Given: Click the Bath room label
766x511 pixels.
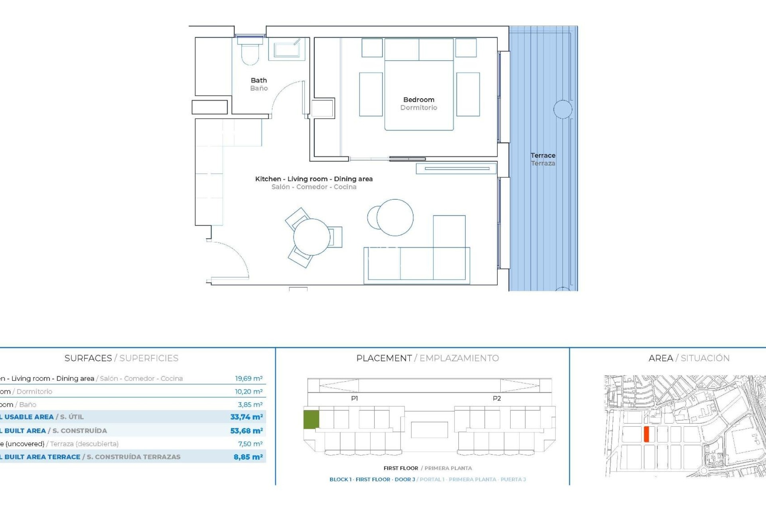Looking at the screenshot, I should (259, 81).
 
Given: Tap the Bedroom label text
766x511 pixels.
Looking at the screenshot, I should (419, 100).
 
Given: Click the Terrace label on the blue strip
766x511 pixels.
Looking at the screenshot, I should (543, 156).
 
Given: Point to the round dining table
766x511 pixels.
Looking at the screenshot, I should (312, 237).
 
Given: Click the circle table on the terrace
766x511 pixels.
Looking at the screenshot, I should (563, 109).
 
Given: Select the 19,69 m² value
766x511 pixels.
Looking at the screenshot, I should (249, 378).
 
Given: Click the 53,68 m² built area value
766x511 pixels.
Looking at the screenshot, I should (246, 431).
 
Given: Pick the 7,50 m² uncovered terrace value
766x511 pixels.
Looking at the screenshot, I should (250, 444).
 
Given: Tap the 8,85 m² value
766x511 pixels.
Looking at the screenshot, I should (248, 457).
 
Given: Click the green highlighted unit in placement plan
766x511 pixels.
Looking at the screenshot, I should (311, 420).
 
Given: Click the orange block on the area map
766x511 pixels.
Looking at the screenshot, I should (646, 434).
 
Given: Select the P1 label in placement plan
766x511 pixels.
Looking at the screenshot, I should (354, 398).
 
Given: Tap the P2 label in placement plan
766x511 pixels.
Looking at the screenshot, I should (497, 398).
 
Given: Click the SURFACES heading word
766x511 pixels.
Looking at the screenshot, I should (88, 358).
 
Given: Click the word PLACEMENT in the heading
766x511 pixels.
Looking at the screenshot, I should (384, 358).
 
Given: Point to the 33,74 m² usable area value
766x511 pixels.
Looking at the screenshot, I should (246, 417).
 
